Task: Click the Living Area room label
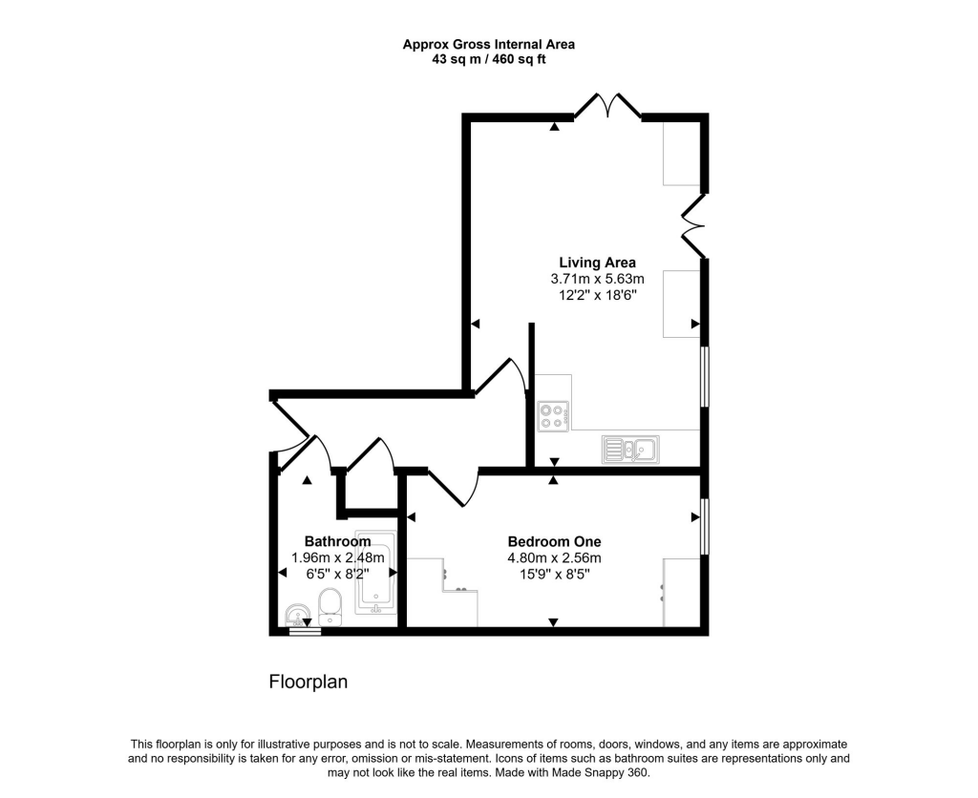pos(597,262)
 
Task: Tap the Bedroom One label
pos(554,541)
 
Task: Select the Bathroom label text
pos(337,541)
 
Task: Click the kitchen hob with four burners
pos(552,415)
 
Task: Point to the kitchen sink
pos(629,449)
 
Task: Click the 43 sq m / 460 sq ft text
pos(488,59)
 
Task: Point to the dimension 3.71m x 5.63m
pos(597,279)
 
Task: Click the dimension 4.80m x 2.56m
pos(554,558)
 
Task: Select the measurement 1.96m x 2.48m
pos(337,558)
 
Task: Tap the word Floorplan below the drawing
pos(308,682)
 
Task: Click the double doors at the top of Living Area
pos(607,105)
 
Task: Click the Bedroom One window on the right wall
pos(705,525)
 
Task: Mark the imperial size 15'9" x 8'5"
pos(554,575)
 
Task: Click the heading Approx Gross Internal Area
pos(488,44)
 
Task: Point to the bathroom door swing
pos(313,453)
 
